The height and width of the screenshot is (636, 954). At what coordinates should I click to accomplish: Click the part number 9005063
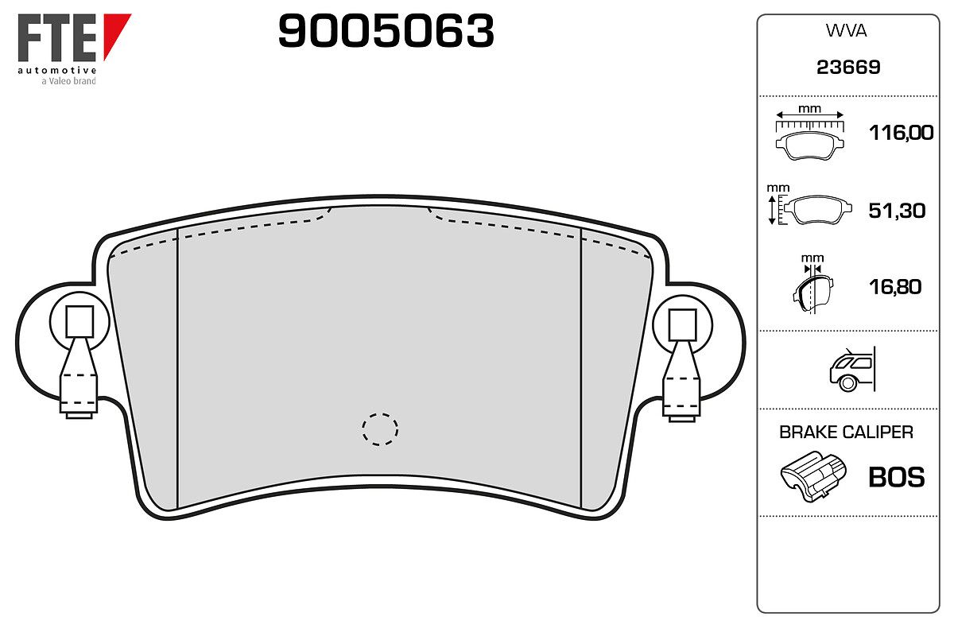386,31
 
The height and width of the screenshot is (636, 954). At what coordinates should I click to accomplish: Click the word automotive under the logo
57,70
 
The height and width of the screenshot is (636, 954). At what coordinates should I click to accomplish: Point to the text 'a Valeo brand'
68,80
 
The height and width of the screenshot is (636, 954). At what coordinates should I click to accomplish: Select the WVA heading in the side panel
846,31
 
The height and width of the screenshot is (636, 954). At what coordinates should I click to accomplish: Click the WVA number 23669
848,68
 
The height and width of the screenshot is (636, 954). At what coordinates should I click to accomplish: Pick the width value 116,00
902,133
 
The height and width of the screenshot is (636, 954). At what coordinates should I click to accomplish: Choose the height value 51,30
897,211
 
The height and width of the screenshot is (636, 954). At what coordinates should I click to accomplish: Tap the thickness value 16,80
895,287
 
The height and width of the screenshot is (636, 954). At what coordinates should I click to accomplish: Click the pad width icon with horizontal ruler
809,134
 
